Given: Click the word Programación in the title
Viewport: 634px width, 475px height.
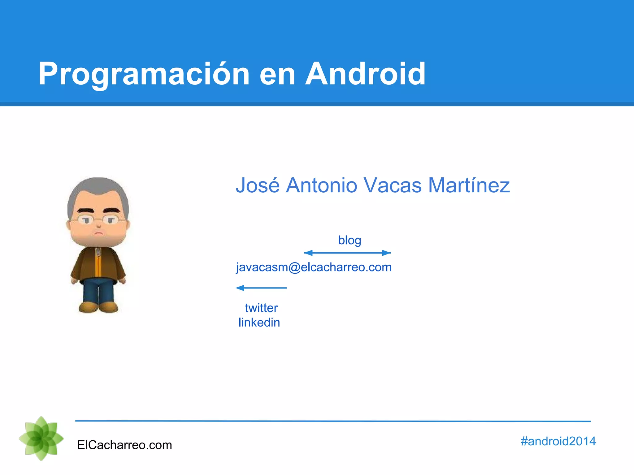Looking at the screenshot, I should point(144,74).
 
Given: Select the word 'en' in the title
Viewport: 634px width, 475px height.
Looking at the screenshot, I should point(277,76).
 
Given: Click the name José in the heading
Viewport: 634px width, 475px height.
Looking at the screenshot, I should point(258,185).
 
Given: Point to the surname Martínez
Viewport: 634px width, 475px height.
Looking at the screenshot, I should point(469,185).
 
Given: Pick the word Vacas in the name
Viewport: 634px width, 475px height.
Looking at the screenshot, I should point(392,185).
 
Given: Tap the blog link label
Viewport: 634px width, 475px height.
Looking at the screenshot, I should point(350,240).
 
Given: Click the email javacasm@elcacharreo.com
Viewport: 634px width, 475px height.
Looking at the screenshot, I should point(314,267).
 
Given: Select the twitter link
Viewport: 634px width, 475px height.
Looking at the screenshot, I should point(261,308).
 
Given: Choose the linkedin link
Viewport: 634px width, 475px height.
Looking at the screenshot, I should point(259,323).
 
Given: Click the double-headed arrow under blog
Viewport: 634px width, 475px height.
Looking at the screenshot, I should point(347,253).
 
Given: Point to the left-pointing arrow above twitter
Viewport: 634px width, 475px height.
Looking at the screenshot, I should point(261,288).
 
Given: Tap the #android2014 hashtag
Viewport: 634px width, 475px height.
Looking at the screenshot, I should point(558,441).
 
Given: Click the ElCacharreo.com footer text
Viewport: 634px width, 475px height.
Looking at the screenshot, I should point(124,445).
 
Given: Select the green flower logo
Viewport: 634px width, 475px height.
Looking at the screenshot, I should point(41,439).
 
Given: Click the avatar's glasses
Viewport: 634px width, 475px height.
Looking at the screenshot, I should point(98,220).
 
